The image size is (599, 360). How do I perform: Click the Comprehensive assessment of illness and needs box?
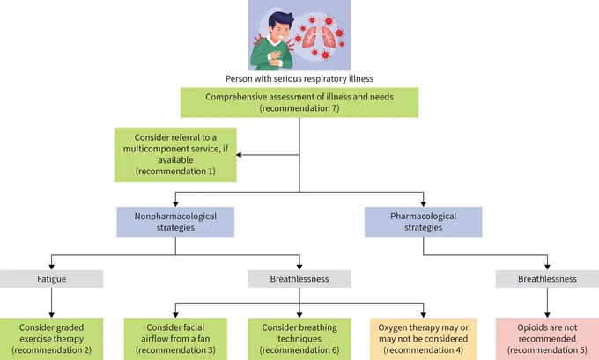pos(299,102)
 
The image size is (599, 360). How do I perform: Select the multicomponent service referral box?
pos(175,155)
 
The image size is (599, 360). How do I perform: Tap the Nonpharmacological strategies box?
pos(175,222)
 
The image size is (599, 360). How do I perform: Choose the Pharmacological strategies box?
pos(424,222)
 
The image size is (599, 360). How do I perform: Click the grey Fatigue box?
pos(52,279)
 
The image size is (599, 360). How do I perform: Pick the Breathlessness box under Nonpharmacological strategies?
pos(299,279)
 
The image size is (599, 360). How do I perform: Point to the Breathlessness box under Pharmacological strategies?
pos(547,279)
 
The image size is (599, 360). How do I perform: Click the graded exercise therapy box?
pos(52,339)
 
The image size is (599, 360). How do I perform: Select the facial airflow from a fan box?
pos(175,339)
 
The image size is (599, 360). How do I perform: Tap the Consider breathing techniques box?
pos(299,339)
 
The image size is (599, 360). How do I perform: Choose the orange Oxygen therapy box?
pos(424,339)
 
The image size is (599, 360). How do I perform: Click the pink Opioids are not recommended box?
pos(547,339)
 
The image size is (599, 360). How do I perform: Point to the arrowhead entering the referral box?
pos(239,155)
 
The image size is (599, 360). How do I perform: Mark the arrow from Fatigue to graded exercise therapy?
pos(52,303)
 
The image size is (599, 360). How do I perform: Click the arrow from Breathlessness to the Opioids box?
pos(547,303)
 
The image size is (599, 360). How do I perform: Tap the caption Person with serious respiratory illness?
pos(299,79)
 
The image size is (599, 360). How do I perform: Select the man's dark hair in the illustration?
pos(280,20)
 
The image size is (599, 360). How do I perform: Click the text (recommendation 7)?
pos(299,108)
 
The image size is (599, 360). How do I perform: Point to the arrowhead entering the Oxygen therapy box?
pos(424,315)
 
